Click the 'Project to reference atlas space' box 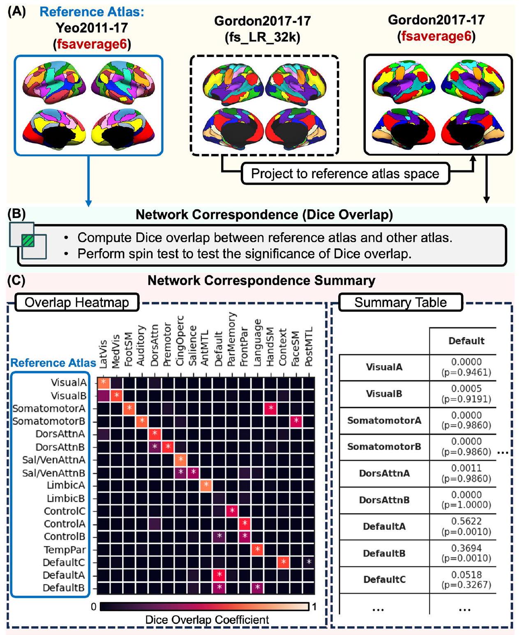tap(345, 174)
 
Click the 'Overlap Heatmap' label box tap(77, 303)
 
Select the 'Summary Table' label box tap(400, 303)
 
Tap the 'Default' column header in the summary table tap(466, 341)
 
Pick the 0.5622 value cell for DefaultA tap(466, 527)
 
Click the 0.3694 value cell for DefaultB tap(466, 553)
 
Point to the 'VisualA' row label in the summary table tap(384, 367)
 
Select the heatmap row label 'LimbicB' tap(66, 498)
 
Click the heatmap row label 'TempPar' tap(65, 550)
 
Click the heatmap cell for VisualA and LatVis tap(103, 383)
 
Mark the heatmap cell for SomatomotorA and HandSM tap(270, 408)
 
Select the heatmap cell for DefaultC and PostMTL tap(309, 562)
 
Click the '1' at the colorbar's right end tap(314, 607)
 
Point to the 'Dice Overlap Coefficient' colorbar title tap(207, 620)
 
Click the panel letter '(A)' tap(17, 11)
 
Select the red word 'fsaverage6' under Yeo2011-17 tap(92, 44)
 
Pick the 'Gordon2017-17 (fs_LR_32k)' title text tap(263, 29)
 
